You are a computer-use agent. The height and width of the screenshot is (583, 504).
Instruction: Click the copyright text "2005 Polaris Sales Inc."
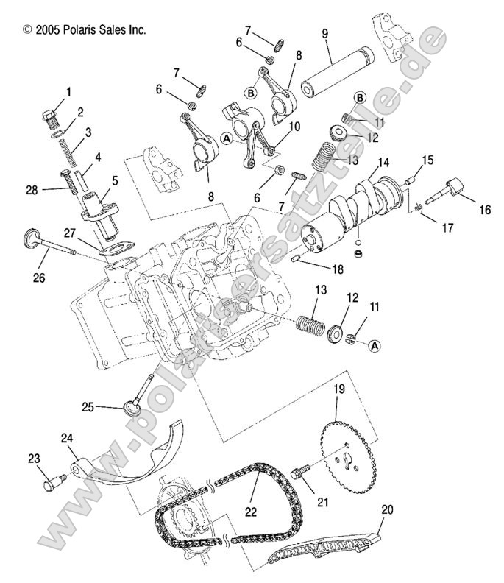(x=84, y=29)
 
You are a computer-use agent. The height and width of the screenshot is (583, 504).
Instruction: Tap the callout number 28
(x=31, y=190)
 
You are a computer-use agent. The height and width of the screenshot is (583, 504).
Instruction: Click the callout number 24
(x=68, y=438)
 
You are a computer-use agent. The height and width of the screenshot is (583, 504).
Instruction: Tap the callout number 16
(x=484, y=210)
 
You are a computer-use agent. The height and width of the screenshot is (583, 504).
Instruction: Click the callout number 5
(x=114, y=179)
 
